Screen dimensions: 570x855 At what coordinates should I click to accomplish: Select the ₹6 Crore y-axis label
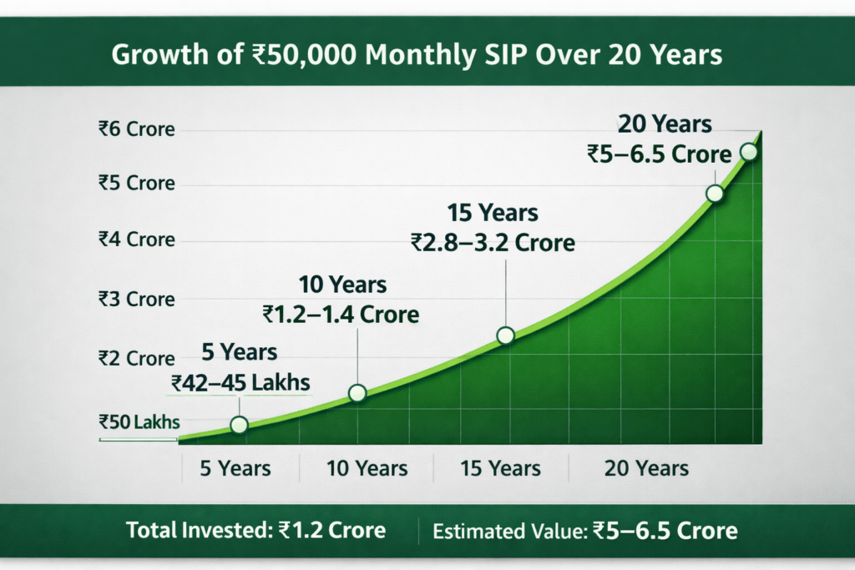(136, 129)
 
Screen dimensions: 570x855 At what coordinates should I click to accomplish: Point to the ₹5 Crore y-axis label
(136, 183)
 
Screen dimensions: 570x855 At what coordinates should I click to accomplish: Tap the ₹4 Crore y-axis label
(136, 240)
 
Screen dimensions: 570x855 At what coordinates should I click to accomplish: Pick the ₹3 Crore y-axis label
(136, 299)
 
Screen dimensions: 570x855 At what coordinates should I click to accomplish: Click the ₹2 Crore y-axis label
(136, 358)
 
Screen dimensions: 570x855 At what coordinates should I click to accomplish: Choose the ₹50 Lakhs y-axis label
(139, 422)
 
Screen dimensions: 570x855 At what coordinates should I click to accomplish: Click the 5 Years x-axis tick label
(235, 467)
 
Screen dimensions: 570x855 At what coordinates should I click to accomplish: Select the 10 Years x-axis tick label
(367, 467)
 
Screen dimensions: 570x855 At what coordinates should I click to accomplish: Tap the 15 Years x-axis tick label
(501, 467)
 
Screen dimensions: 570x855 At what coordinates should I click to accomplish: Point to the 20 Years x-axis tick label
(646, 467)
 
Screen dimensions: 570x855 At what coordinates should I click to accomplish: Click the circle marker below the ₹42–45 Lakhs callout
(239, 425)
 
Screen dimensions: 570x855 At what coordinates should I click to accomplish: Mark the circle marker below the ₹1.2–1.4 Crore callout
(357, 393)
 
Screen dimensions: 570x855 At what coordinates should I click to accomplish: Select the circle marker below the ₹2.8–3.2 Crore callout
(505, 335)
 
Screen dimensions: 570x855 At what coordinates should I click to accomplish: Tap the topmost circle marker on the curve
(748, 152)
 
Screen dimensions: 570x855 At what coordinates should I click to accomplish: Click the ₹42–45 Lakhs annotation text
(240, 382)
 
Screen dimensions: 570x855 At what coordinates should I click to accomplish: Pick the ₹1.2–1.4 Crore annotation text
(341, 315)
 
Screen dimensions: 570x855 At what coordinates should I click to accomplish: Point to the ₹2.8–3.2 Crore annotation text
(493, 243)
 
